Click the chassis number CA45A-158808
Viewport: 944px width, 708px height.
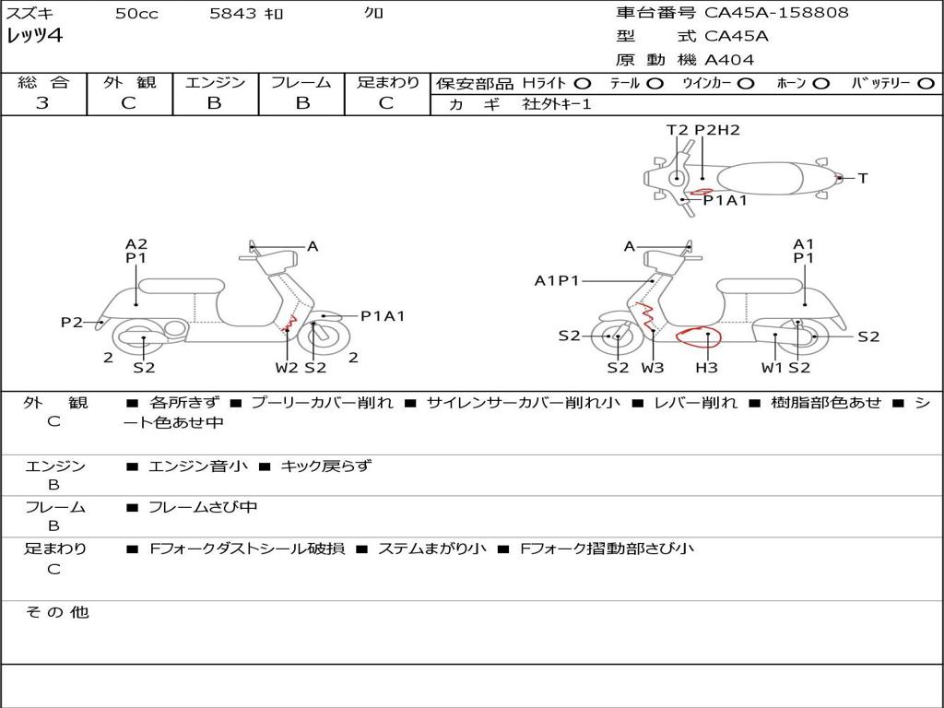pyautogui.click(x=776, y=13)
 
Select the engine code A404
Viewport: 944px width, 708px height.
pyautogui.click(x=729, y=60)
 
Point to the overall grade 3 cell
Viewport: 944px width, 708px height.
pyautogui.click(x=42, y=103)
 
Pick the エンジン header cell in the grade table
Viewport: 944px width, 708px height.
pyautogui.click(x=215, y=83)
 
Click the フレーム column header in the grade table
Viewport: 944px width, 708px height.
pyautogui.click(x=301, y=83)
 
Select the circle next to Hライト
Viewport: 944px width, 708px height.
pyautogui.click(x=582, y=84)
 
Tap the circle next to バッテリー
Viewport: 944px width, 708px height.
pyautogui.click(x=926, y=84)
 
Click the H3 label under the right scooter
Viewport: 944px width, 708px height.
pyautogui.click(x=707, y=368)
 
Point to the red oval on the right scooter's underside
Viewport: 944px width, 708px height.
pyautogui.click(x=699, y=336)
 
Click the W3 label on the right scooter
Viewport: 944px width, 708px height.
pyautogui.click(x=653, y=368)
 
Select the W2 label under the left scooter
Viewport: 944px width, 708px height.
pyautogui.click(x=287, y=368)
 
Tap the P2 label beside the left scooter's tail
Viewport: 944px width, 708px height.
pyautogui.click(x=71, y=322)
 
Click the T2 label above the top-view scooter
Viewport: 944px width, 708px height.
pyautogui.click(x=678, y=130)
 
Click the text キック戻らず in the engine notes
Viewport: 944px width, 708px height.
pyautogui.click(x=325, y=466)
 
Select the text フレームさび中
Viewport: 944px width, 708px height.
pyautogui.click(x=203, y=508)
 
